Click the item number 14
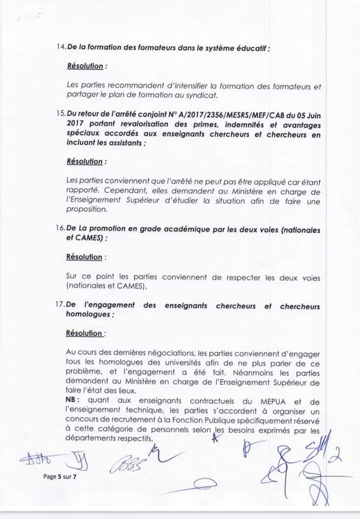point(61,48)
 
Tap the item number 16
point(61,230)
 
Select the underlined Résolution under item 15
point(86,161)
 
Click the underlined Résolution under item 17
point(85,334)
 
